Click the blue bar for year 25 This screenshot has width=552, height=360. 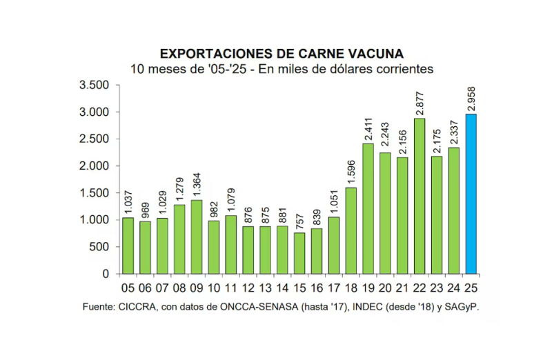pos(471,194)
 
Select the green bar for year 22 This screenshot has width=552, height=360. pos(420,196)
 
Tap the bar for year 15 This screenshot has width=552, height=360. pos(299,253)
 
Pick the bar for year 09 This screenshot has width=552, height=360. pos(197,237)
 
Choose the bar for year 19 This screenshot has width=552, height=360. pos(368,208)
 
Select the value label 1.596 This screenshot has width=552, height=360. pos(351,167)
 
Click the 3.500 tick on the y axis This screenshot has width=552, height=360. pos(95,86)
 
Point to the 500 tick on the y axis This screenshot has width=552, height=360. pos(100,247)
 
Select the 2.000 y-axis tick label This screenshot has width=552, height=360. pos(95,166)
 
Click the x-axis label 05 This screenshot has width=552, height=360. pos(128,288)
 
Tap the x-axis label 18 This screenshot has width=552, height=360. pos(351,288)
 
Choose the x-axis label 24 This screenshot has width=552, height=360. pos(454,288)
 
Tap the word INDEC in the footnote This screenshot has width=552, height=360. pos(351,306)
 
